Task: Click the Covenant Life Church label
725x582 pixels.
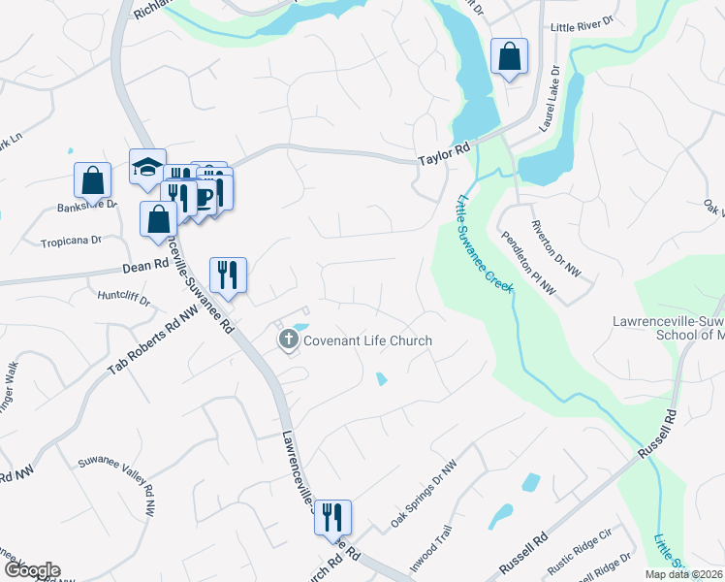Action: (x=367, y=340)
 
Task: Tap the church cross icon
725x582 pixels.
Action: (x=287, y=339)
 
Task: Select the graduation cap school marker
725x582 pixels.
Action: (x=147, y=169)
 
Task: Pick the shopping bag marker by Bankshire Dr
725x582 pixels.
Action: (x=92, y=180)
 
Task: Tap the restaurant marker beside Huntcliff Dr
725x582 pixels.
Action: (x=228, y=275)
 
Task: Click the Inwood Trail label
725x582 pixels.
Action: (x=429, y=550)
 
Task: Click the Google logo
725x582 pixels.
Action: (x=32, y=570)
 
